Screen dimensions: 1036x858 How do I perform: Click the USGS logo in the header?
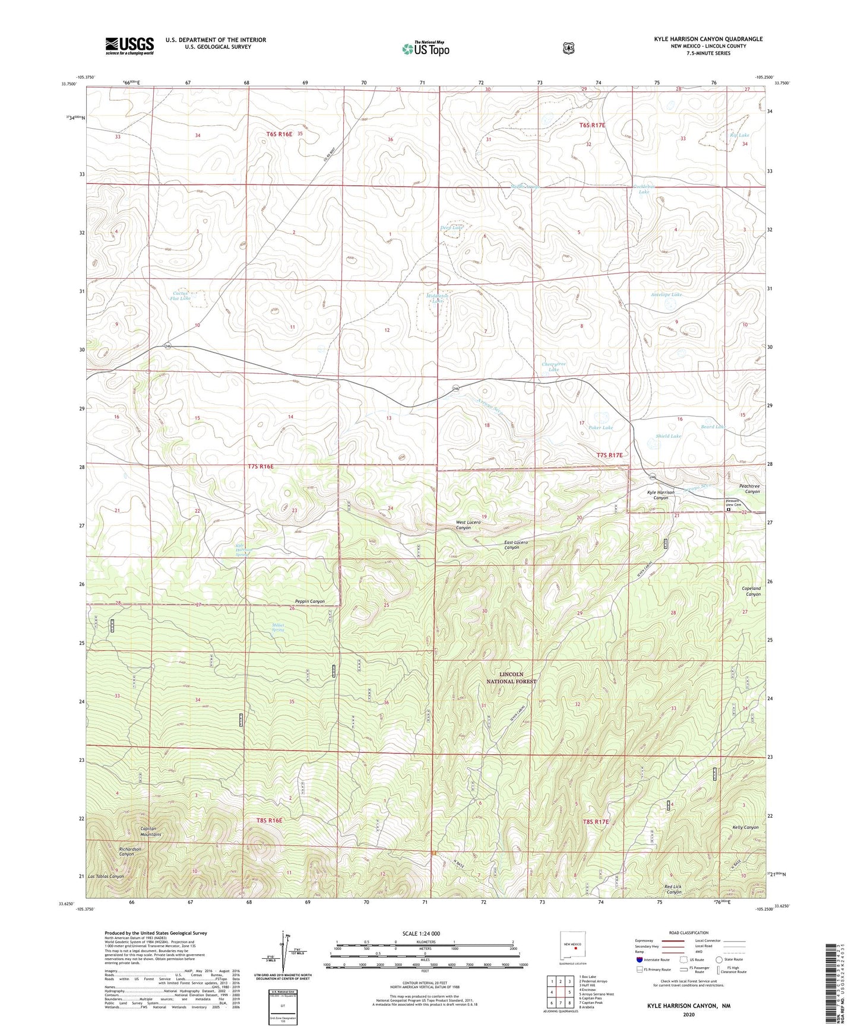[x=129, y=46]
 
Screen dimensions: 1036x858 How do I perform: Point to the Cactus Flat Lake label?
[x=181, y=295]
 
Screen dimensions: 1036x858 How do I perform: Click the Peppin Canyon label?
[x=309, y=601]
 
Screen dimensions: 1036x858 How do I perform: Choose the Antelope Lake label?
[x=666, y=294]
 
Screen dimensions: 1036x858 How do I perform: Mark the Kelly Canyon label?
[x=745, y=827]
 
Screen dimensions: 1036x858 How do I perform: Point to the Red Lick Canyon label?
[x=673, y=889]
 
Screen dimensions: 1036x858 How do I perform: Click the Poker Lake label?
[x=600, y=427]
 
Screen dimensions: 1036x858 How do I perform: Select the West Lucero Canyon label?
[x=471, y=525]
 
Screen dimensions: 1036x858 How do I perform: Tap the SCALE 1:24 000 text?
[x=421, y=933]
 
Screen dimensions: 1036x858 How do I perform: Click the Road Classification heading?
[x=688, y=933]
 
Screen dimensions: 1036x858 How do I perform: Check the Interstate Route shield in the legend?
[x=639, y=959]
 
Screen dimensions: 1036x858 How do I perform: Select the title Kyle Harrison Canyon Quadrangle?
[x=708, y=39]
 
